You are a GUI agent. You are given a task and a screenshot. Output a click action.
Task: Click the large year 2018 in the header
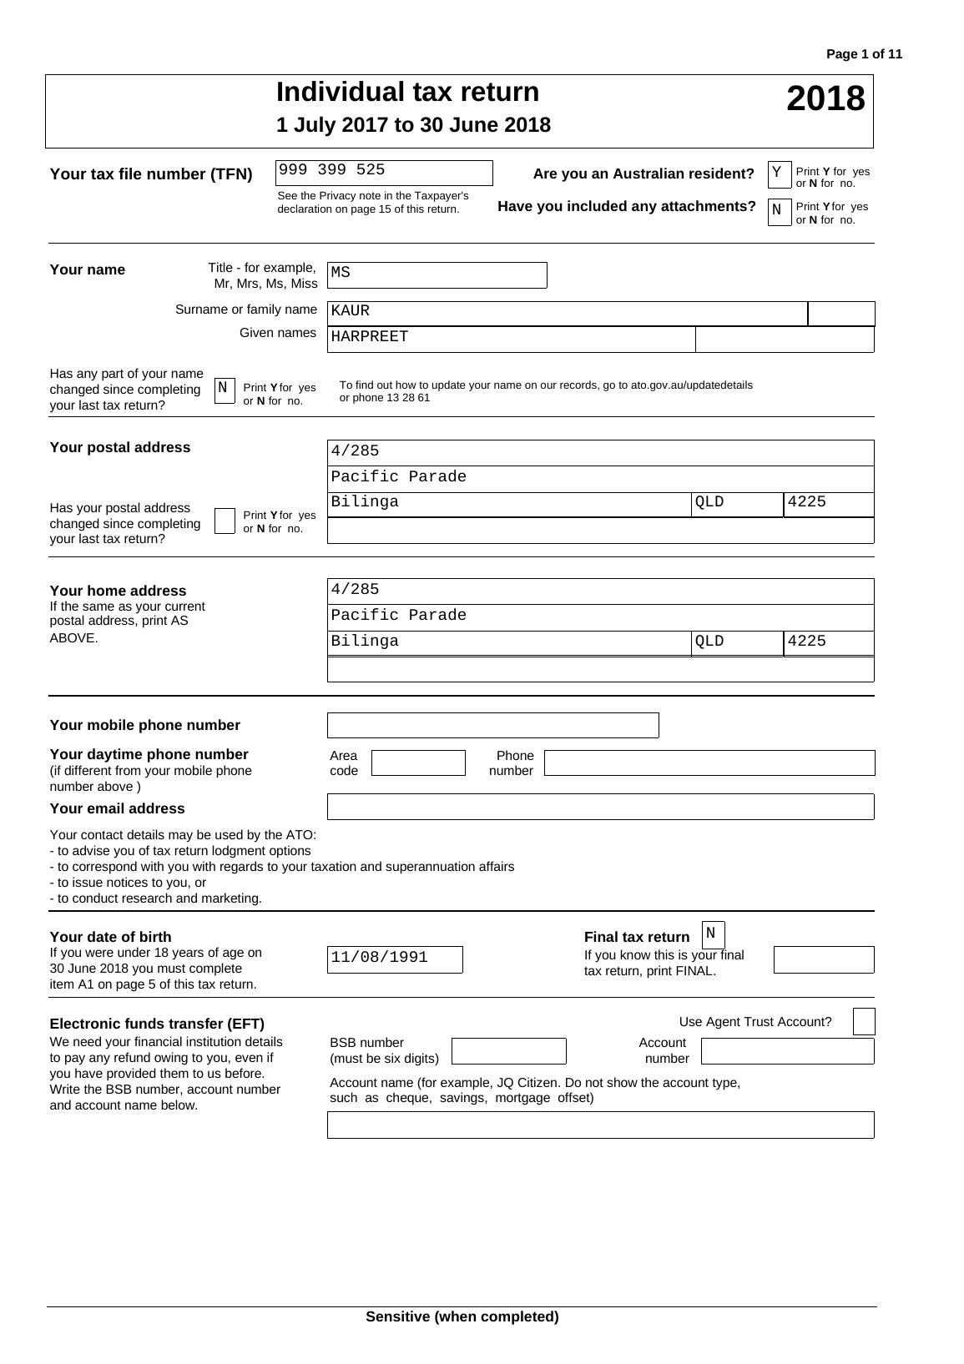[825, 98]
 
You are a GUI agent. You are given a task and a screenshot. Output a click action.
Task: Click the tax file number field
[384, 173]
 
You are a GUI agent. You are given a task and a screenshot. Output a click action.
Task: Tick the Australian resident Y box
[779, 174]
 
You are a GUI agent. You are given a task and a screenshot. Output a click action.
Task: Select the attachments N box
[779, 212]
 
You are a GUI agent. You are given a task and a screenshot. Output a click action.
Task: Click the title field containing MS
[437, 274]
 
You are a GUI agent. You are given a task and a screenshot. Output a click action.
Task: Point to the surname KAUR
[351, 311]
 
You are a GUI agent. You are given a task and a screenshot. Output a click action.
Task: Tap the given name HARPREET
[370, 337]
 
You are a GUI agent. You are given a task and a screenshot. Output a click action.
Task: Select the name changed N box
[225, 390]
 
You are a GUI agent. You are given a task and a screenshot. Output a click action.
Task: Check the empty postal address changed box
[225, 521]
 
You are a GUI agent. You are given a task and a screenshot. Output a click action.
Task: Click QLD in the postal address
[710, 503]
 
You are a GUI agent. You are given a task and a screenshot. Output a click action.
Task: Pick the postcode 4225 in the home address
[806, 642]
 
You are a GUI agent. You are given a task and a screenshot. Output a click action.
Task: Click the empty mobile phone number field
[492, 726]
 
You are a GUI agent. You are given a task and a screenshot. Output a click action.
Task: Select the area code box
[417, 763]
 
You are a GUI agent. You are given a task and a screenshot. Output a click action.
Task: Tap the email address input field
[600, 807]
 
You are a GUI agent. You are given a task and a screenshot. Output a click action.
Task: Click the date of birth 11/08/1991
[381, 958]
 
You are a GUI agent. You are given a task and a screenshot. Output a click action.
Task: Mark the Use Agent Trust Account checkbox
[864, 1022]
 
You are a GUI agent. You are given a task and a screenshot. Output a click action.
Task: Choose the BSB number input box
[508, 1051]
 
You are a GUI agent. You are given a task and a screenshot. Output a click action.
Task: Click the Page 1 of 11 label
[864, 54]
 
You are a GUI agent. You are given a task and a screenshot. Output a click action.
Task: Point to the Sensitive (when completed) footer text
[462, 1316]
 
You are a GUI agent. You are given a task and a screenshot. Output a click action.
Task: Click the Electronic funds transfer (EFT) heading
[157, 1024]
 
